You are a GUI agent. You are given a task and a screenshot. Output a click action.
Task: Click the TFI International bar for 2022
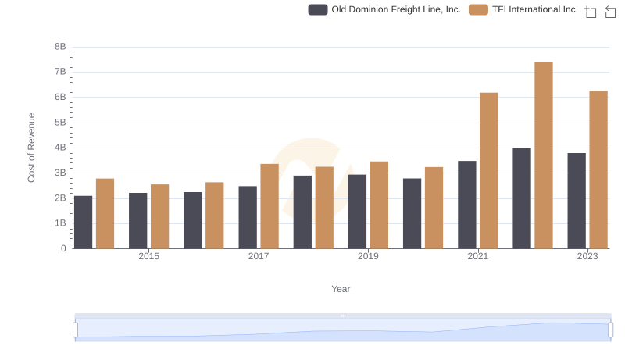pyautogui.click(x=544, y=155)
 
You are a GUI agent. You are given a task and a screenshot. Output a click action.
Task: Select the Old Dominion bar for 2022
pyautogui.click(x=522, y=198)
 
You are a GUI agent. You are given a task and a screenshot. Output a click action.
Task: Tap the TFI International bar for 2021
pyautogui.click(x=489, y=171)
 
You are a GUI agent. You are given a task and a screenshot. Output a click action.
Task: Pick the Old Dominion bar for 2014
pyautogui.click(x=84, y=222)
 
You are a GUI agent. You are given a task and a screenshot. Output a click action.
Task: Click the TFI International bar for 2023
pyautogui.click(x=598, y=169)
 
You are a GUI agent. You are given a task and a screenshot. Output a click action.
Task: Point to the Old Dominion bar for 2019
pyautogui.click(x=358, y=212)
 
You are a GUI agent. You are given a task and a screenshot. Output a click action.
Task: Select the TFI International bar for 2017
pyautogui.click(x=270, y=206)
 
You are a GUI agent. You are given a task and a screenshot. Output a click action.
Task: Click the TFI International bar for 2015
pyautogui.click(x=160, y=216)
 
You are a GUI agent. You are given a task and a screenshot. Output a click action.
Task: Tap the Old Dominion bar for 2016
pyautogui.click(x=193, y=220)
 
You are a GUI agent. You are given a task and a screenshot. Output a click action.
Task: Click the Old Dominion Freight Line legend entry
pyautogui.click(x=384, y=10)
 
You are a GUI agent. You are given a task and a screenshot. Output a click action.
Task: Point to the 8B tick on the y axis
pyautogui.click(x=60, y=47)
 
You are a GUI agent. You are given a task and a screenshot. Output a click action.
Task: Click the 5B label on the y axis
pyautogui.click(x=60, y=123)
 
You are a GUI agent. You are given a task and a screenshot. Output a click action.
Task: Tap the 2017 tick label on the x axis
pyautogui.click(x=259, y=256)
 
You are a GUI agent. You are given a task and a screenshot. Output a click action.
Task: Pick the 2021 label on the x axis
pyautogui.click(x=478, y=256)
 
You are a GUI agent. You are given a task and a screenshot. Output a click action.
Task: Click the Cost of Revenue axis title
pyautogui.click(x=32, y=148)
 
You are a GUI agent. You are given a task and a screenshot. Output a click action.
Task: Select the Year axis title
pyautogui.click(x=341, y=289)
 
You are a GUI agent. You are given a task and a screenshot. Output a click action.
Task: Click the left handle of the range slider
pyautogui.click(x=76, y=330)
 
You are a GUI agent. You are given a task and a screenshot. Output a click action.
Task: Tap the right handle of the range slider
pyautogui.click(x=610, y=330)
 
